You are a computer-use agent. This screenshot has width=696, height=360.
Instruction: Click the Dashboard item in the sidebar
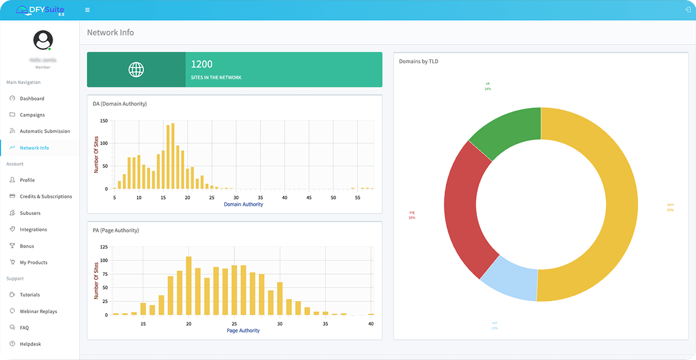point(31,98)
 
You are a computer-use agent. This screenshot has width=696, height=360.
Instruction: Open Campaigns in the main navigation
point(32,115)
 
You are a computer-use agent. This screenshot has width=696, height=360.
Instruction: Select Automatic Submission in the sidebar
point(44,131)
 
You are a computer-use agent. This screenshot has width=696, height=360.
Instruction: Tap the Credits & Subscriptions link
point(46,197)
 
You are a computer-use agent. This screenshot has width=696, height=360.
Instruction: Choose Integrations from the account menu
point(33,230)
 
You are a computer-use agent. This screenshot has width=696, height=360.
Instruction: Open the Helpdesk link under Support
point(30,344)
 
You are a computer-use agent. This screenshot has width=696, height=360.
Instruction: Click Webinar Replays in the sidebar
point(38,311)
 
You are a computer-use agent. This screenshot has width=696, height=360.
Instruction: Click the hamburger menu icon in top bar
point(88,10)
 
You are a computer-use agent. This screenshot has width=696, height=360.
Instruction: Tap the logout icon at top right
point(687,10)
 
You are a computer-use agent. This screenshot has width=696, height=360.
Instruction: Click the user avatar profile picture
point(43,40)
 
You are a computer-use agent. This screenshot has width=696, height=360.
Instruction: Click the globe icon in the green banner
point(136,70)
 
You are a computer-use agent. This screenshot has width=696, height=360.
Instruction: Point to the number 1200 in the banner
point(201,64)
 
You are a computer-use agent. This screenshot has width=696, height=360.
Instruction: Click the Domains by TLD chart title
point(418,61)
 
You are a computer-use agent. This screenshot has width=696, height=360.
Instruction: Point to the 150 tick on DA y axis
point(104,121)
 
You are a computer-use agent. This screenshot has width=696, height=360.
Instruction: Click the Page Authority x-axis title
point(243,330)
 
